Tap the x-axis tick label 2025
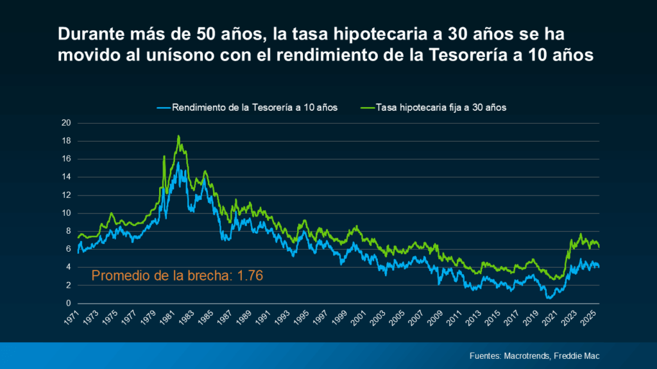coord(590,318)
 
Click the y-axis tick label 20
coord(65,123)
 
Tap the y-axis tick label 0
coord(67,304)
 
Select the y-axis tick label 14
coord(65,177)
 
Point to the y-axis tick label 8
coord(67,231)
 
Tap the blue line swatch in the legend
coord(163,107)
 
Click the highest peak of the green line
coord(178,136)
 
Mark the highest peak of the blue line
coord(178,163)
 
